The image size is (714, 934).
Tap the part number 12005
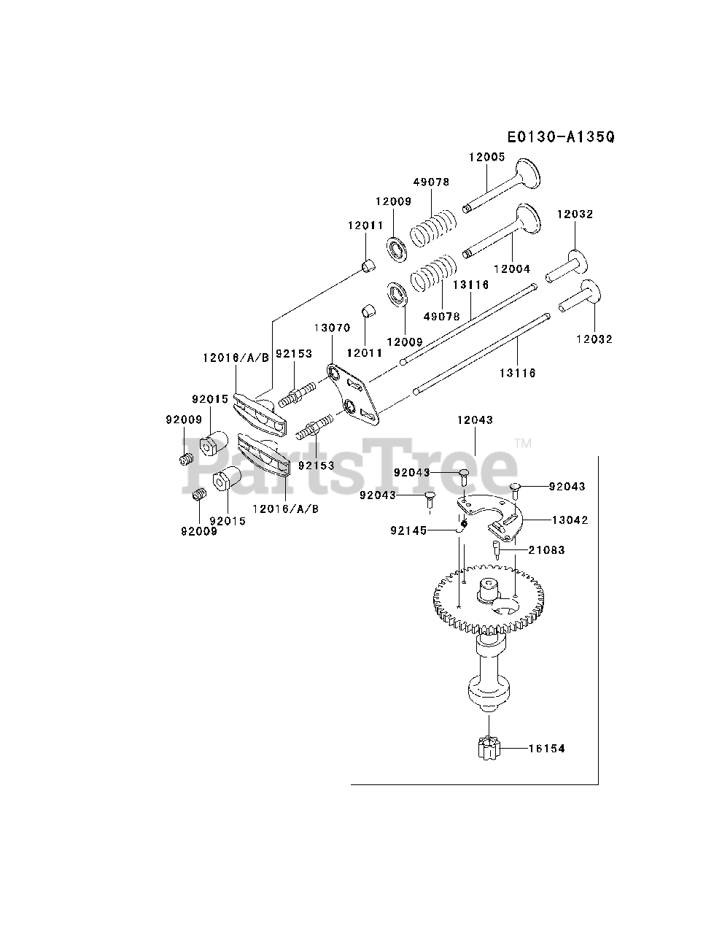[x=486, y=157]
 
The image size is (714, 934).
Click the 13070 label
[x=333, y=328]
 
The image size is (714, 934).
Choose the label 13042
[x=570, y=520]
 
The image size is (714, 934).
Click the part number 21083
[x=546, y=550]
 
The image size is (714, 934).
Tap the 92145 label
[x=408, y=530]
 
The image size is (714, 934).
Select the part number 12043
[x=475, y=420]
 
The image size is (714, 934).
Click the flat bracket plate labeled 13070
[x=354, y=395]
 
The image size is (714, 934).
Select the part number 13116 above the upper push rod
[x=470, y=285]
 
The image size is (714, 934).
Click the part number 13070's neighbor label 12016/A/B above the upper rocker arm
[x=236, y=357]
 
